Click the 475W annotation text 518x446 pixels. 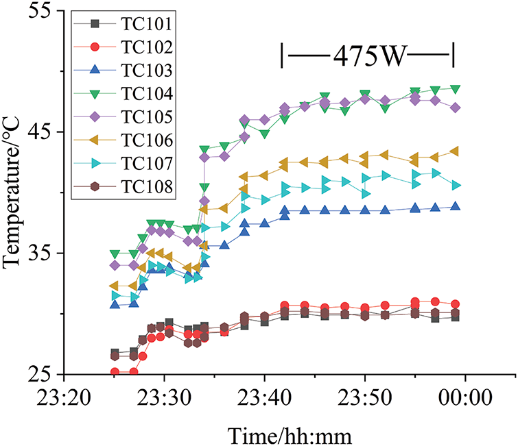coord(368,55)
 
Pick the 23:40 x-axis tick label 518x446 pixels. coord(264,397)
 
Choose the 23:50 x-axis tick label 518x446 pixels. coord(365,397)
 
